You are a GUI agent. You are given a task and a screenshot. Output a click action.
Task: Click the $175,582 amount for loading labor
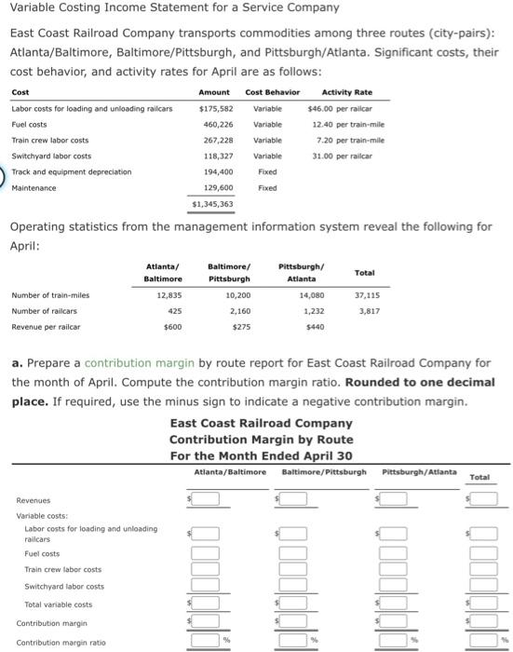216,108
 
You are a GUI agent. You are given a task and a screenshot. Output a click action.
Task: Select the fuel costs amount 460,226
218,124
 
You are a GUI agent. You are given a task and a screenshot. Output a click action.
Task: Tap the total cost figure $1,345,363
213,203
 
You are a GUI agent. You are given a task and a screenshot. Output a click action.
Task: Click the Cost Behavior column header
272,91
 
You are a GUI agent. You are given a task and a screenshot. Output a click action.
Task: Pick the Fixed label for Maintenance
267,187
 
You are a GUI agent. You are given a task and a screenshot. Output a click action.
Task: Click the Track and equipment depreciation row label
71,171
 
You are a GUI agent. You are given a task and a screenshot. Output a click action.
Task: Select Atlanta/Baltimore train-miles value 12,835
167,295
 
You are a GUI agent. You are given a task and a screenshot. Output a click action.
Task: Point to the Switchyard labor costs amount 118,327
218,156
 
